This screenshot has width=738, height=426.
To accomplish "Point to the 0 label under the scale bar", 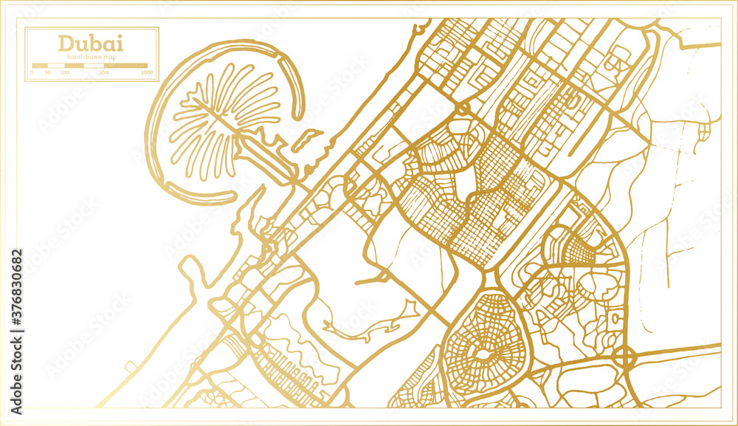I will (33, 73).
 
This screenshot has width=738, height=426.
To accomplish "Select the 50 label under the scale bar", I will (47, 73).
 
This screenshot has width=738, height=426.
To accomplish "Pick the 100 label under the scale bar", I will (64, 73).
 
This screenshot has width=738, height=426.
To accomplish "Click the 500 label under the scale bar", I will (104, 73).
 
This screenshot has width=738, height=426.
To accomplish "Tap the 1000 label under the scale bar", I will (147, 73).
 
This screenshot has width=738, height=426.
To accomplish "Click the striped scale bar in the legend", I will (89, 66).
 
